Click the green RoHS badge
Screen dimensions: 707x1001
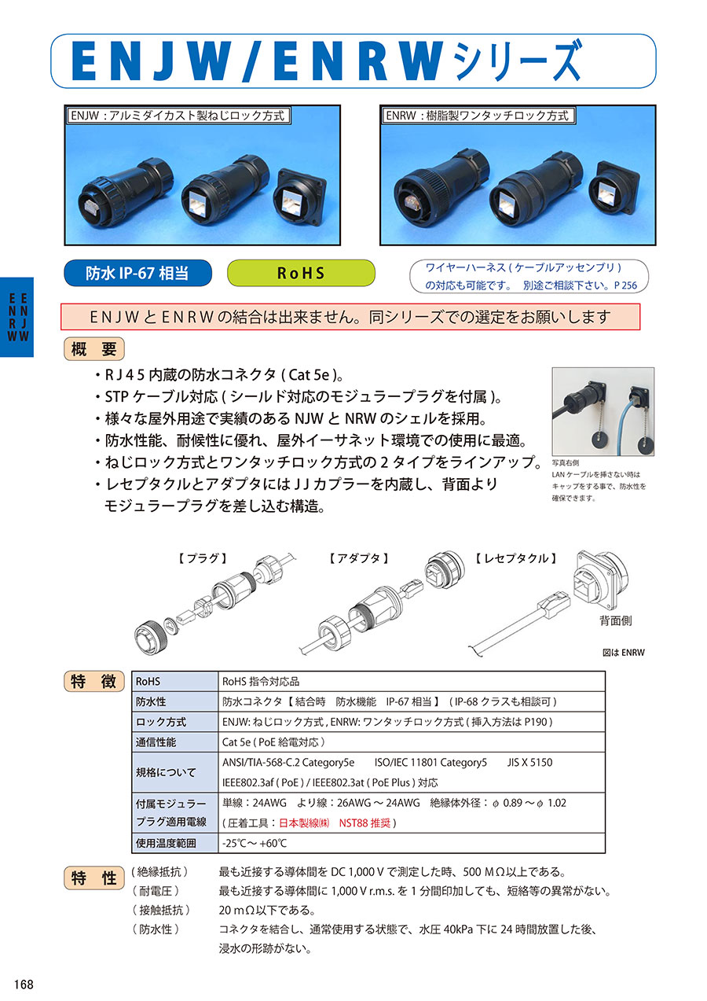coord(301,273)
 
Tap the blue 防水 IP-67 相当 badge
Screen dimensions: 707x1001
coord(137,273)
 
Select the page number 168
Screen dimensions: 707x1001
coord(24,984)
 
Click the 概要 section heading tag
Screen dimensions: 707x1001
coord(94,348)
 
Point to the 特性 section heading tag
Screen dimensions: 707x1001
coord(94,878)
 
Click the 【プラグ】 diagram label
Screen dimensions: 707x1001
coord(203,558)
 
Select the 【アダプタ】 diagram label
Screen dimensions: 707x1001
coord(359,558)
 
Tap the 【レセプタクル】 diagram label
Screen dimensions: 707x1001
coord(516,558)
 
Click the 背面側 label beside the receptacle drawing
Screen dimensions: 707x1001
coord(616,620)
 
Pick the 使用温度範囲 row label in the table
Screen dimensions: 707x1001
coord(166,843)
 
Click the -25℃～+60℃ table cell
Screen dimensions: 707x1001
coord(255,843)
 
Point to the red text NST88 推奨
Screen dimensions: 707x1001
coord(364,823)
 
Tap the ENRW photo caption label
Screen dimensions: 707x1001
coord(477,116)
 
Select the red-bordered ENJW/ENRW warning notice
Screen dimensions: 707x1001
coord(350,317)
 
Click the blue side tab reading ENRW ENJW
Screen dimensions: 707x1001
coord(17,317)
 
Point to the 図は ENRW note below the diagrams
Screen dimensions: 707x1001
coord(623,653)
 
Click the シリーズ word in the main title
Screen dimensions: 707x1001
coord(517,61)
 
